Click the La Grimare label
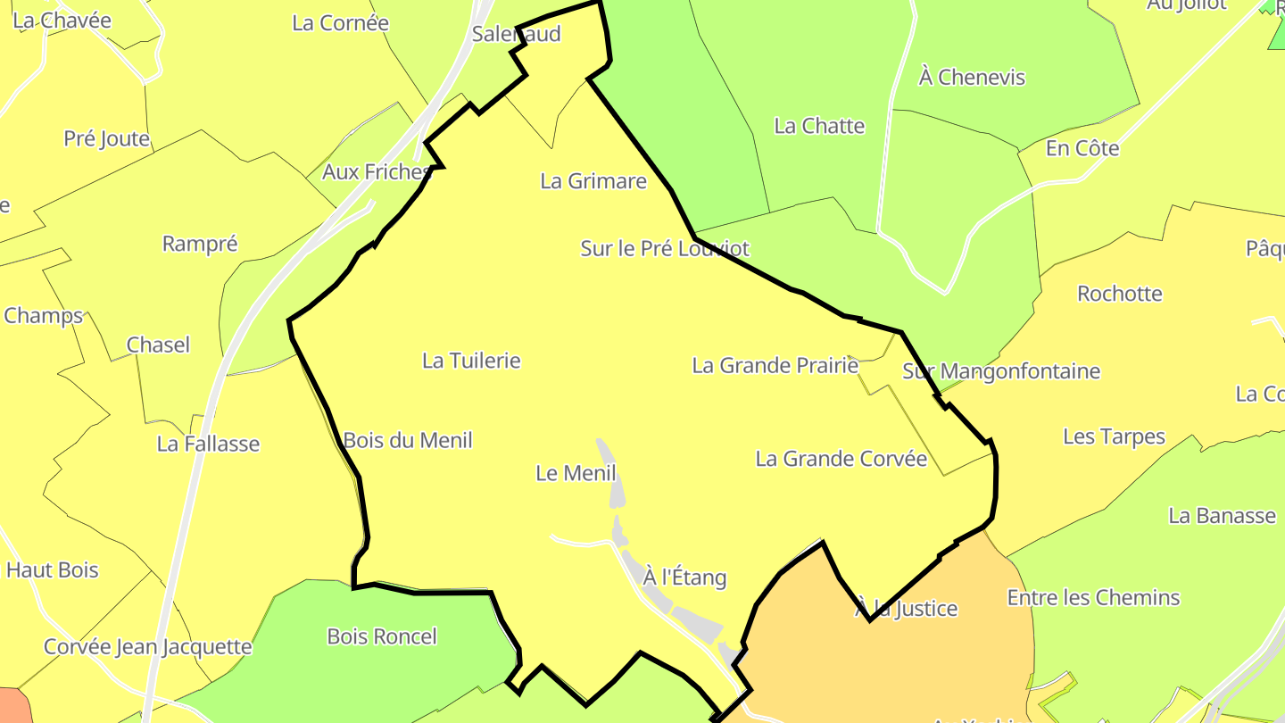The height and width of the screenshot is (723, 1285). (593, 181)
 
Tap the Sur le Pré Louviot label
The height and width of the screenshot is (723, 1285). (665, 248)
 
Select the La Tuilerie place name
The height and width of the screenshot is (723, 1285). (471, 361)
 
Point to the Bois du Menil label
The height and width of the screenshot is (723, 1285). (408, 440)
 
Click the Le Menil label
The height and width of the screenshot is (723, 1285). (576, 473)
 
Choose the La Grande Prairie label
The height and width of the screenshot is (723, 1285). (775, 365)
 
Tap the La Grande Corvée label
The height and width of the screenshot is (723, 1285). (841, 459)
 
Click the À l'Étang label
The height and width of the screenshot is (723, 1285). (684, 578)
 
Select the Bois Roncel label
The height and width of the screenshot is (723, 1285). (382, 636)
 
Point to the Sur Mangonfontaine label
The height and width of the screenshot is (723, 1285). (1001, 371)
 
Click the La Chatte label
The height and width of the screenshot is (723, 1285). (819, 126)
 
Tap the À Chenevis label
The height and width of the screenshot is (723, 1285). (972, 78)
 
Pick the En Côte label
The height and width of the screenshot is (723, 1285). (1082, 148)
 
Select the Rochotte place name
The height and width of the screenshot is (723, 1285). (1120, 294)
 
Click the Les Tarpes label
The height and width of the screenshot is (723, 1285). (1114, 436)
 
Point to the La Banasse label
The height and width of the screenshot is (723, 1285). (1222, 516)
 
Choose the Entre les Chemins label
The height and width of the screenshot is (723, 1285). (1093, 598)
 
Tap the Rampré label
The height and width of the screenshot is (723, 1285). (200, 244)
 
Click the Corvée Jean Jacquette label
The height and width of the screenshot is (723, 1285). (148, 646)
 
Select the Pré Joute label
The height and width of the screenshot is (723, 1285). (106, 138)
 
